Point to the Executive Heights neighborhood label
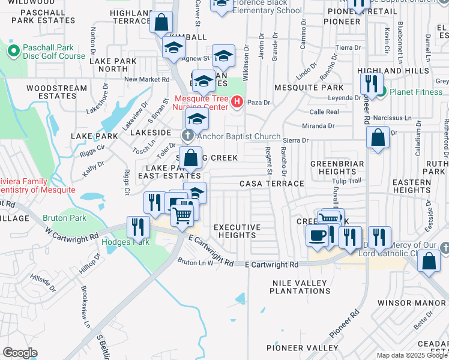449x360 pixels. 237,231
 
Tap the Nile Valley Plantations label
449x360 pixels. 300,286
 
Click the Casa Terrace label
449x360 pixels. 272,184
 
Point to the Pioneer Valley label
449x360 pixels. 303,347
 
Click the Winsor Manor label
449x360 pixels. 420,303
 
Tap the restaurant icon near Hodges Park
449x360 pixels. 139,227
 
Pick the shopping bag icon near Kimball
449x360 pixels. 161,23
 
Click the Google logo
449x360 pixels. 20,353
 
